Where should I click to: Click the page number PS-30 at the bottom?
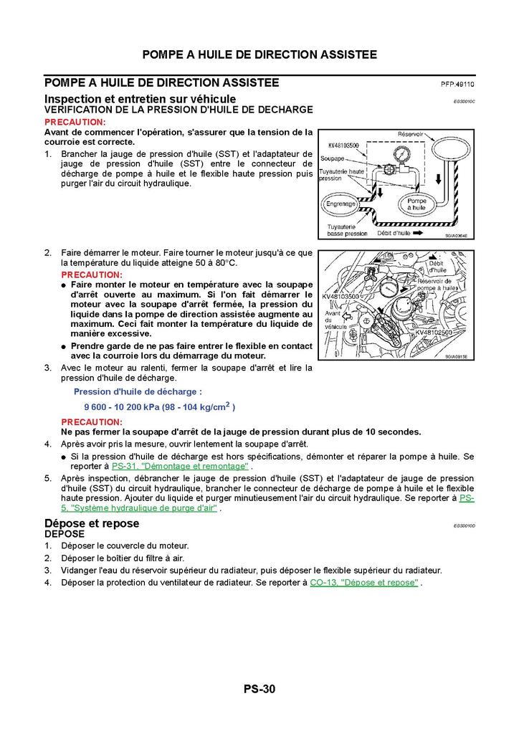click(x=259, y=690)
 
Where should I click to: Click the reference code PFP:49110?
click(x=457, y=85)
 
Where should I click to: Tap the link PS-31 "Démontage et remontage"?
click(x=180, y=466)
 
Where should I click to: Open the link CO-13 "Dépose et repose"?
click(x=364, y=583)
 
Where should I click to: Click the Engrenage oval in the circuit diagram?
click(x=341, y=204)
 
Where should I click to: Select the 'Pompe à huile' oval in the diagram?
click(x=416, y=204)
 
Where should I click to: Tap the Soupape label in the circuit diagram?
click(x=333, y=158)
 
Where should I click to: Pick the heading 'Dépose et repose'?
click(x=91, y=523)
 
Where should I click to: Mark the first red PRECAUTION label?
click(x=75, y=123)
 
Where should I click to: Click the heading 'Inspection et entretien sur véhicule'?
click(x=140, y=98)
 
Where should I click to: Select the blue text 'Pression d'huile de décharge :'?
click(x=138, y=391)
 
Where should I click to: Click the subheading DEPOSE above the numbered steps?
click(x=65, y=534)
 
